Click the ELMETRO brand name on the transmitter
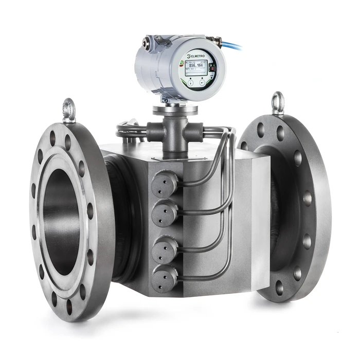(197, 55)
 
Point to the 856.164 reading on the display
(195, 65)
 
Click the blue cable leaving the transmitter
(233, 45)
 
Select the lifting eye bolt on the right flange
(278, 102)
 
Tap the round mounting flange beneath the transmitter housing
(172, 109)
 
